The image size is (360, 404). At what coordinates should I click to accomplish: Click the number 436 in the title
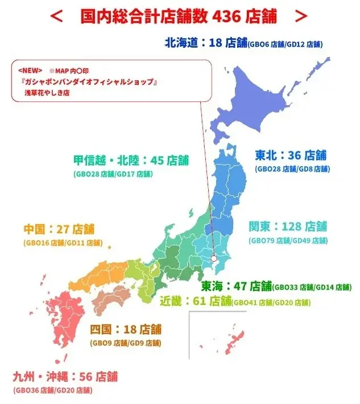(229, 17)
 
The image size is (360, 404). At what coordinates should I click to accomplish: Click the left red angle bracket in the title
(56, 17)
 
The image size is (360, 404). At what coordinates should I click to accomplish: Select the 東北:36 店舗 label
(290, 155)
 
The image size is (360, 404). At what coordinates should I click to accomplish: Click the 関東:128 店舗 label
(288, 226)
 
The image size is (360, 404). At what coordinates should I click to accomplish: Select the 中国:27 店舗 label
(59, 229)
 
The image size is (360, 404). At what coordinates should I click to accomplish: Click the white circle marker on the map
(213, 258)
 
